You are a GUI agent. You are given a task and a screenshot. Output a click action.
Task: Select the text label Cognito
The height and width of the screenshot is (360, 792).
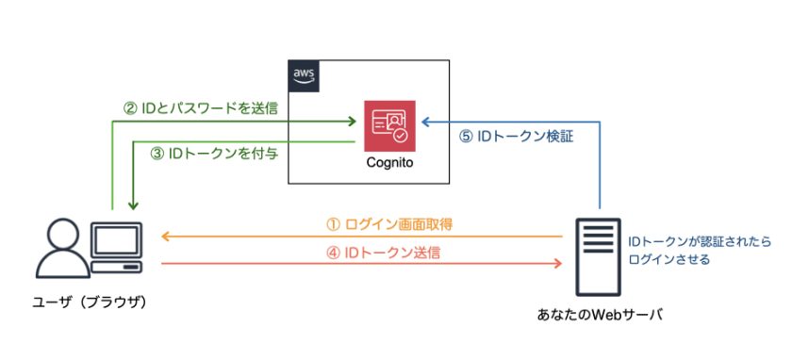[x=389, y=162]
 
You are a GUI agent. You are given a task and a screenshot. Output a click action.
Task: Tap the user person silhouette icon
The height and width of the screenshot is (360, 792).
[x=58, y=248]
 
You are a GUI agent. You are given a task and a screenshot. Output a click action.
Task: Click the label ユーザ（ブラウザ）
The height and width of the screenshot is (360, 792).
[x=84, y=307]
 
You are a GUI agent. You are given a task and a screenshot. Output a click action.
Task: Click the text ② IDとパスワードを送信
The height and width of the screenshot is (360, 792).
[x=201, y=107]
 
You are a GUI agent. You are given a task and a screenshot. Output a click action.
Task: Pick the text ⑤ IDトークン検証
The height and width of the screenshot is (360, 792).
[x=516, y=136]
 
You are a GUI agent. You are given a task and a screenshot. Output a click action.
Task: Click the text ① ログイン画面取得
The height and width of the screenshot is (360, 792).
[x=389, y=224]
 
